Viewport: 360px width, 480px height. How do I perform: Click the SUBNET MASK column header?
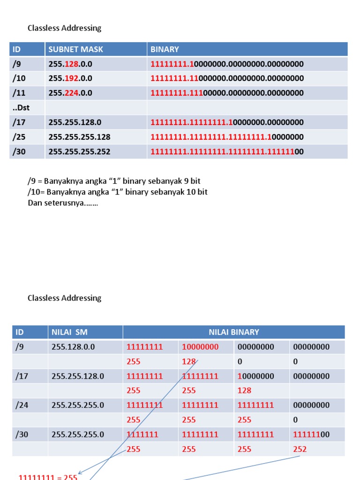click(75, 49)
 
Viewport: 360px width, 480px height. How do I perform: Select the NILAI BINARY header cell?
click(233, 332)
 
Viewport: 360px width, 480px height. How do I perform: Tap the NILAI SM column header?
click(69, 332)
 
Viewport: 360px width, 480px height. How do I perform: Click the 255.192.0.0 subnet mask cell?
click(70, 78)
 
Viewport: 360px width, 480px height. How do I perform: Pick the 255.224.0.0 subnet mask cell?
click(70, 93)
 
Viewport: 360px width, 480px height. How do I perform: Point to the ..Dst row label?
click(21, 107)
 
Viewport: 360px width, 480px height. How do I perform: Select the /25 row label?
click(20, 137)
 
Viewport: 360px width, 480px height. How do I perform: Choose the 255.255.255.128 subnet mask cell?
click(79, 137)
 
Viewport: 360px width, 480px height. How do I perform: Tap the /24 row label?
click(22, 405)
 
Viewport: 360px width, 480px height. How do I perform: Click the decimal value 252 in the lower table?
click(300, 449)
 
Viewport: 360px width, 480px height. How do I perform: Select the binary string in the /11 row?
click(227, 93)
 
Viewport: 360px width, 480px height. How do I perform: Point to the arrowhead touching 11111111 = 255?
click(80, 473)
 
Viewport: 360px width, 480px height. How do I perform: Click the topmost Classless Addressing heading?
click(64, 28)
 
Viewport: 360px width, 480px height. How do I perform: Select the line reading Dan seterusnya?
click(63, 203)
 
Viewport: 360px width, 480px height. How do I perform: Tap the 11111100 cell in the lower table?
click(311, 435)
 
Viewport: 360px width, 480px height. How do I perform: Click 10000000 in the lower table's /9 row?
click(200, 347)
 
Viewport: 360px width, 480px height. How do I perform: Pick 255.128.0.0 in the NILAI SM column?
click(73, 347)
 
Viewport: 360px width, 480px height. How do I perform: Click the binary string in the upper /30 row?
click(227, 151)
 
